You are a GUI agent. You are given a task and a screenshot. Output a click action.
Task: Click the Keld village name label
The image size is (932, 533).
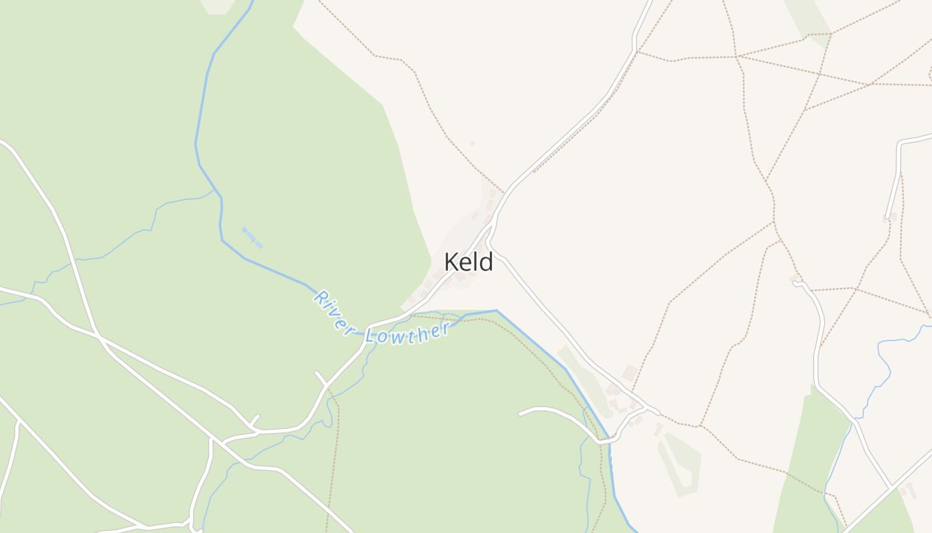(469, 262)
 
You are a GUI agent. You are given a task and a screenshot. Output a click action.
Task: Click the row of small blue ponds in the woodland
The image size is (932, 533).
(252, 237)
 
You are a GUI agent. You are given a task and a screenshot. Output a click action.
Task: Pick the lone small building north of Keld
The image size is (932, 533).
(472, 143)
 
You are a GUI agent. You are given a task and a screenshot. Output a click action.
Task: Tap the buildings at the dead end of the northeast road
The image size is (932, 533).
(889, 217)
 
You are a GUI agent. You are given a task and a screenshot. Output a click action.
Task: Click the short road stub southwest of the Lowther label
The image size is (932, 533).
(320, 378)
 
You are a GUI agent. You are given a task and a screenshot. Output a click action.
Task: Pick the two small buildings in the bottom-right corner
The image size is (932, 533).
(907, 490)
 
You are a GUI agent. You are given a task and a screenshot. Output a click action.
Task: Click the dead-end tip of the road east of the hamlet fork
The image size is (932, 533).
(521, 413)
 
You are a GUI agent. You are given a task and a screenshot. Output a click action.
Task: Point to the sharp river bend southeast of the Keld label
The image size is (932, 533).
(496, 310)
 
